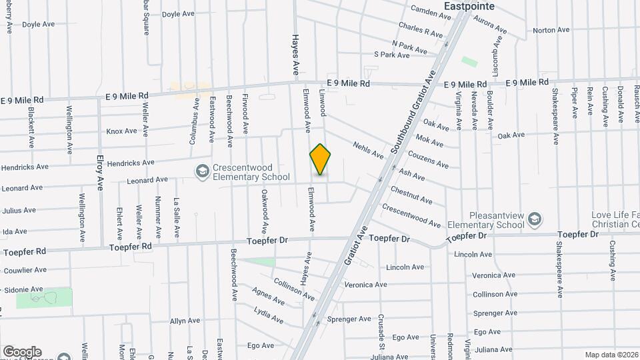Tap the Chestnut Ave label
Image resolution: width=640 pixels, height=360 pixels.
[x=411, y=195]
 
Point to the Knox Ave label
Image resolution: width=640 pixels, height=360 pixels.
[x=121, y=131]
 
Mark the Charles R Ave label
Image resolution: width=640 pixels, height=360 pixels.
[x=420, y=30]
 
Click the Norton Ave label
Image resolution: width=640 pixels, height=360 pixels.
[x=551, y=30]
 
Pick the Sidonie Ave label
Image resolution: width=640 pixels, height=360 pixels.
[x=23, y=289]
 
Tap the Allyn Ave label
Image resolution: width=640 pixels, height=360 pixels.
[x=185, y=321]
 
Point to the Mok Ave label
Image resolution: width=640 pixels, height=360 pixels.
[x=429, y=141]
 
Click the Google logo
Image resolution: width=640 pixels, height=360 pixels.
[x=22, y=351]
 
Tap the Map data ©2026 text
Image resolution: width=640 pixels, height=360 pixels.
[x=611, y=355]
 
